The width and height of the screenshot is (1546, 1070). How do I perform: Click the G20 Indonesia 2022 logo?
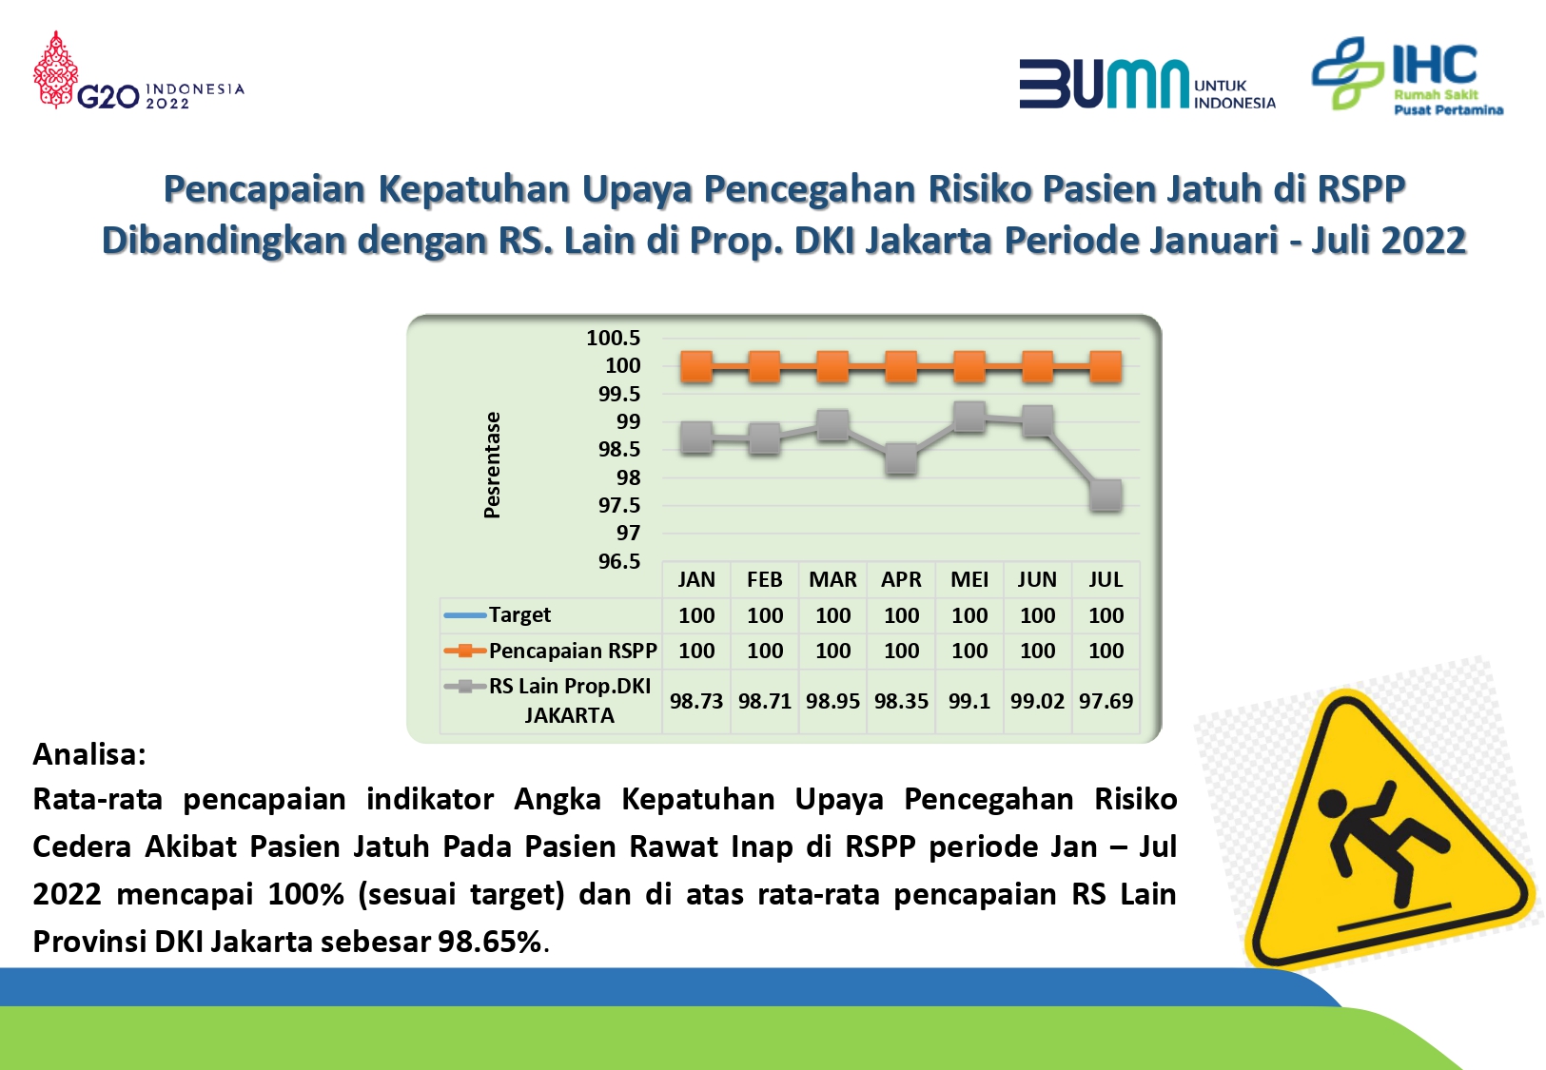click(139, 70)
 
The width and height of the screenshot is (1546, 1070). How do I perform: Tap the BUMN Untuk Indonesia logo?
click(1147, 84)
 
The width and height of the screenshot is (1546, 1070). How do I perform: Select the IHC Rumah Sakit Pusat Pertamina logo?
click(1407, 74)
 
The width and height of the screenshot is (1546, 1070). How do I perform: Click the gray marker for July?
click(1106, 496)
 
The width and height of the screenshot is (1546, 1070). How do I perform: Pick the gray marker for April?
click(901, 458)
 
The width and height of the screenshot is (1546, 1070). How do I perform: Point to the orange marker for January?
click(696, 366)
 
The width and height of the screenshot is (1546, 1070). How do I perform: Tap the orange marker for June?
click(1037, 366)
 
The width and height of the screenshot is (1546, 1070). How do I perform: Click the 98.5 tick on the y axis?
click(619, 449)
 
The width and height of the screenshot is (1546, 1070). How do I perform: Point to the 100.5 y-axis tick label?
click(614, 338)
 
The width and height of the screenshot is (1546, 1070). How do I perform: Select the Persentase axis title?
click(492, 465)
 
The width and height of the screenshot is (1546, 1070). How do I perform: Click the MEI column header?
click(969, 579)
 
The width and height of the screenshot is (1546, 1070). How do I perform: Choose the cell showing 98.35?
click(901, 701)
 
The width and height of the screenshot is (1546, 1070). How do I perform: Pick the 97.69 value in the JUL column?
click(1106, 701)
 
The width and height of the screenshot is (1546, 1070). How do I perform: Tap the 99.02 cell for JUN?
click(1037, 701)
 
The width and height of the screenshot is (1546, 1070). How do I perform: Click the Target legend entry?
click(497, 614)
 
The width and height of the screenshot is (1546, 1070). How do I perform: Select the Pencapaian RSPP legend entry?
click(550, 651)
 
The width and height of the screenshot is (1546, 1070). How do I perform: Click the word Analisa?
click(89, 755)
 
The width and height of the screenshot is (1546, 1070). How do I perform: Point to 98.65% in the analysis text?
click(490, 942)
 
